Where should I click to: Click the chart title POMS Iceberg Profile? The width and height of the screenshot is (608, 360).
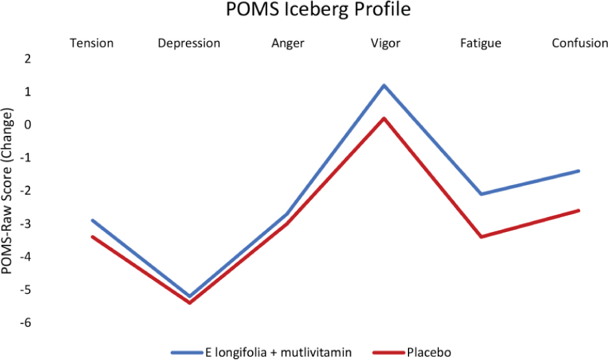[x=318, y=11]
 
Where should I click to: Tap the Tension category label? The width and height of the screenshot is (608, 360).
[x=92, y=44]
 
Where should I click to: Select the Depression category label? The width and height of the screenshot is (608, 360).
[x=189, y=44]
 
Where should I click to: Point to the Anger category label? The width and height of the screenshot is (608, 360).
[x=286, y=44]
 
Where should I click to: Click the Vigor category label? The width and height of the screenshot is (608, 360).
[x=384, y=44]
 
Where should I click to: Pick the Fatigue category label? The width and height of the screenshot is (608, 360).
[x=481, y=44]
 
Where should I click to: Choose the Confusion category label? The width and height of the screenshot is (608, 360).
[x=579, y=44]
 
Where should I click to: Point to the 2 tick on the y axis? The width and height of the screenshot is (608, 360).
[x=28, y=58]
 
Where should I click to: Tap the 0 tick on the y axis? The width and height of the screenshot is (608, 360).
[x=28, y=125]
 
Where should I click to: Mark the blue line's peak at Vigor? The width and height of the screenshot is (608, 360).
[x=384, y=85]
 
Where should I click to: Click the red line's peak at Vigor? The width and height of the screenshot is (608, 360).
[x=384, y=118]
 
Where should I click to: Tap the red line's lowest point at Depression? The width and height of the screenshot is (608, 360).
[x=189, y=303]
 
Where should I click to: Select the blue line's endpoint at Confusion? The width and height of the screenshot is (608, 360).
[x=578, y=171]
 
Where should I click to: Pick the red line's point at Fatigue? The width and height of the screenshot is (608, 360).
[x=481, y=237]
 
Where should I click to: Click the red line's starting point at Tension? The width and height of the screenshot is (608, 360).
[x=92, y=237]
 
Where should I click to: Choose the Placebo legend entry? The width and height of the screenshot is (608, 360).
[x=427, y=352]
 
